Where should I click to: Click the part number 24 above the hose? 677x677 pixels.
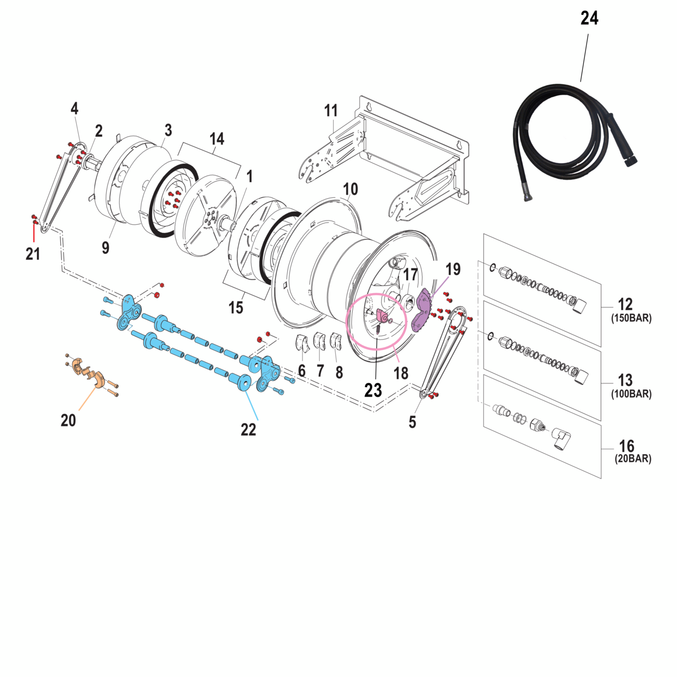(589, 19)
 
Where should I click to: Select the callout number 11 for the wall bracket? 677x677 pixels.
(331, 111)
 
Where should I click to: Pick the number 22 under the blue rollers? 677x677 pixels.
(248, 430)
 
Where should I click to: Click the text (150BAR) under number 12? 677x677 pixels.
(631, 318)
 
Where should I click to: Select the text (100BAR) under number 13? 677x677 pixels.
(631, 394)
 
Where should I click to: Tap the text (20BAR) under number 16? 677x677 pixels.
(633, 459)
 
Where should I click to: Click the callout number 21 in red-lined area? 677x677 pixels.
(33, 254)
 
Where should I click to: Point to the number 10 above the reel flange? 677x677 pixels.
(350, 189)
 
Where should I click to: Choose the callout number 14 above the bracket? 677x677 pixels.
(217, 139)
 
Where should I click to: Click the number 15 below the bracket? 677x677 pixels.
(236, 307)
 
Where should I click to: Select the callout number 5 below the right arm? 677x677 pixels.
(413, 422)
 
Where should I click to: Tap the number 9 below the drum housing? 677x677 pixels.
(106, 247)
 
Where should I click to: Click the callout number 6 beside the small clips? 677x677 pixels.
(301, 371)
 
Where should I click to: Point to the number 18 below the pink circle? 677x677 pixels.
(401, 373)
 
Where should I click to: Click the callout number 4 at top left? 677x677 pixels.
(75, 108)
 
